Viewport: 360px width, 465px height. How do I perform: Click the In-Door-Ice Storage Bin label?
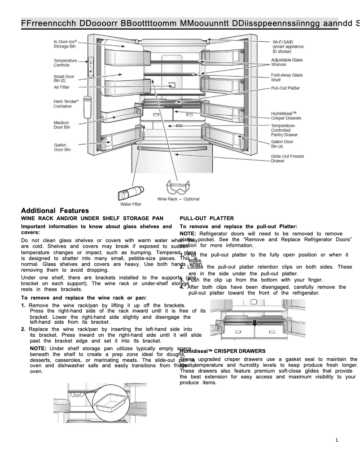click(65, 43)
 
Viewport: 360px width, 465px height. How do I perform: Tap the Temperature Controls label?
click(65, 63)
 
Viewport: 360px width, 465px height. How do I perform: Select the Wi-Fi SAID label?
click(288, 46)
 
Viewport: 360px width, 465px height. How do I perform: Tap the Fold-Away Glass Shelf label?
click(286, 77)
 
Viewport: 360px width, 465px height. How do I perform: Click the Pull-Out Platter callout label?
click(285, 88)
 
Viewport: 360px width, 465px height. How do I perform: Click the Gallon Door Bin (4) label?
click(282, 143)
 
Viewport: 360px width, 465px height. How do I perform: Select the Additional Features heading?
click(55, 211)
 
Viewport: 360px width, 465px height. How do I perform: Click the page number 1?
click(337, 440)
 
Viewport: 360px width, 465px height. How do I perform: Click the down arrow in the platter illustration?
click(255, 323)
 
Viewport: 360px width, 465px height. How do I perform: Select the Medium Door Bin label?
click(62, 125)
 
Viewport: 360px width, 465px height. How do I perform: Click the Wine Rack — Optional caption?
click(178, 199)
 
